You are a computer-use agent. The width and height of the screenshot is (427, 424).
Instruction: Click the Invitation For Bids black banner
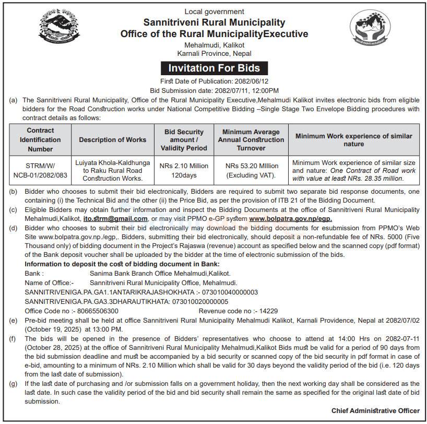[214, 68]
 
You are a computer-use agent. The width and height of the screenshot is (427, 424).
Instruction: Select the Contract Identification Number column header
[40, 139]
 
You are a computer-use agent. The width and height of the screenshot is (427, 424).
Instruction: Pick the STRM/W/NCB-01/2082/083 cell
[40, 170]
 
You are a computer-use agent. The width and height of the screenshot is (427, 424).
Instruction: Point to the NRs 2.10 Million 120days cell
[184, 170]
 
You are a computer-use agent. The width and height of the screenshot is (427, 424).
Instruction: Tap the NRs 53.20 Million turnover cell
[252, 170]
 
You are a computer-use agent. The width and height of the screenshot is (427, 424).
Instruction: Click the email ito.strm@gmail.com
[123, 219]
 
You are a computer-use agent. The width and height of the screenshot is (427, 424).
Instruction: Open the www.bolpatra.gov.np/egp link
[290, 219]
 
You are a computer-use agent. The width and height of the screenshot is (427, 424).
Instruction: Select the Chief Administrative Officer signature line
[375, 411]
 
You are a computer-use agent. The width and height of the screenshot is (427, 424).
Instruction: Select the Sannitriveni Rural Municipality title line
[214, 22]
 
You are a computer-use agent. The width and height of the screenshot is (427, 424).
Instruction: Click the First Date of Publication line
[214, 81]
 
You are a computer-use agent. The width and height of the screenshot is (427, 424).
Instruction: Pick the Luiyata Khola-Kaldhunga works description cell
[112, 170]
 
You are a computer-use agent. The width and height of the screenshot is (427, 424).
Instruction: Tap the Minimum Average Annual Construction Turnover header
[251, 139]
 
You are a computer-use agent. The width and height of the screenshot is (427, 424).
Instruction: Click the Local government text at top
[214, 11]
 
